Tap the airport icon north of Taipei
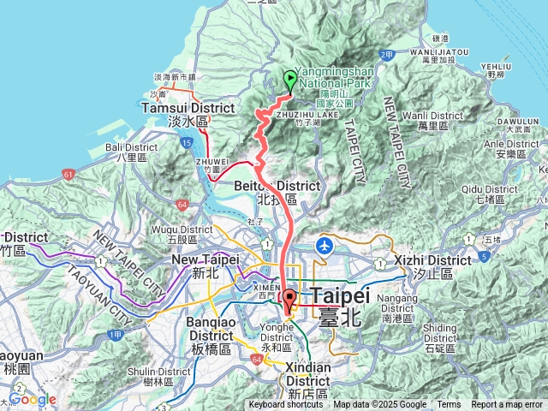pos(325,246)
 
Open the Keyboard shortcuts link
pos(286,405)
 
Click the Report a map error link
pos(507,405)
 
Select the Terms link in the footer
pos(449,405)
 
